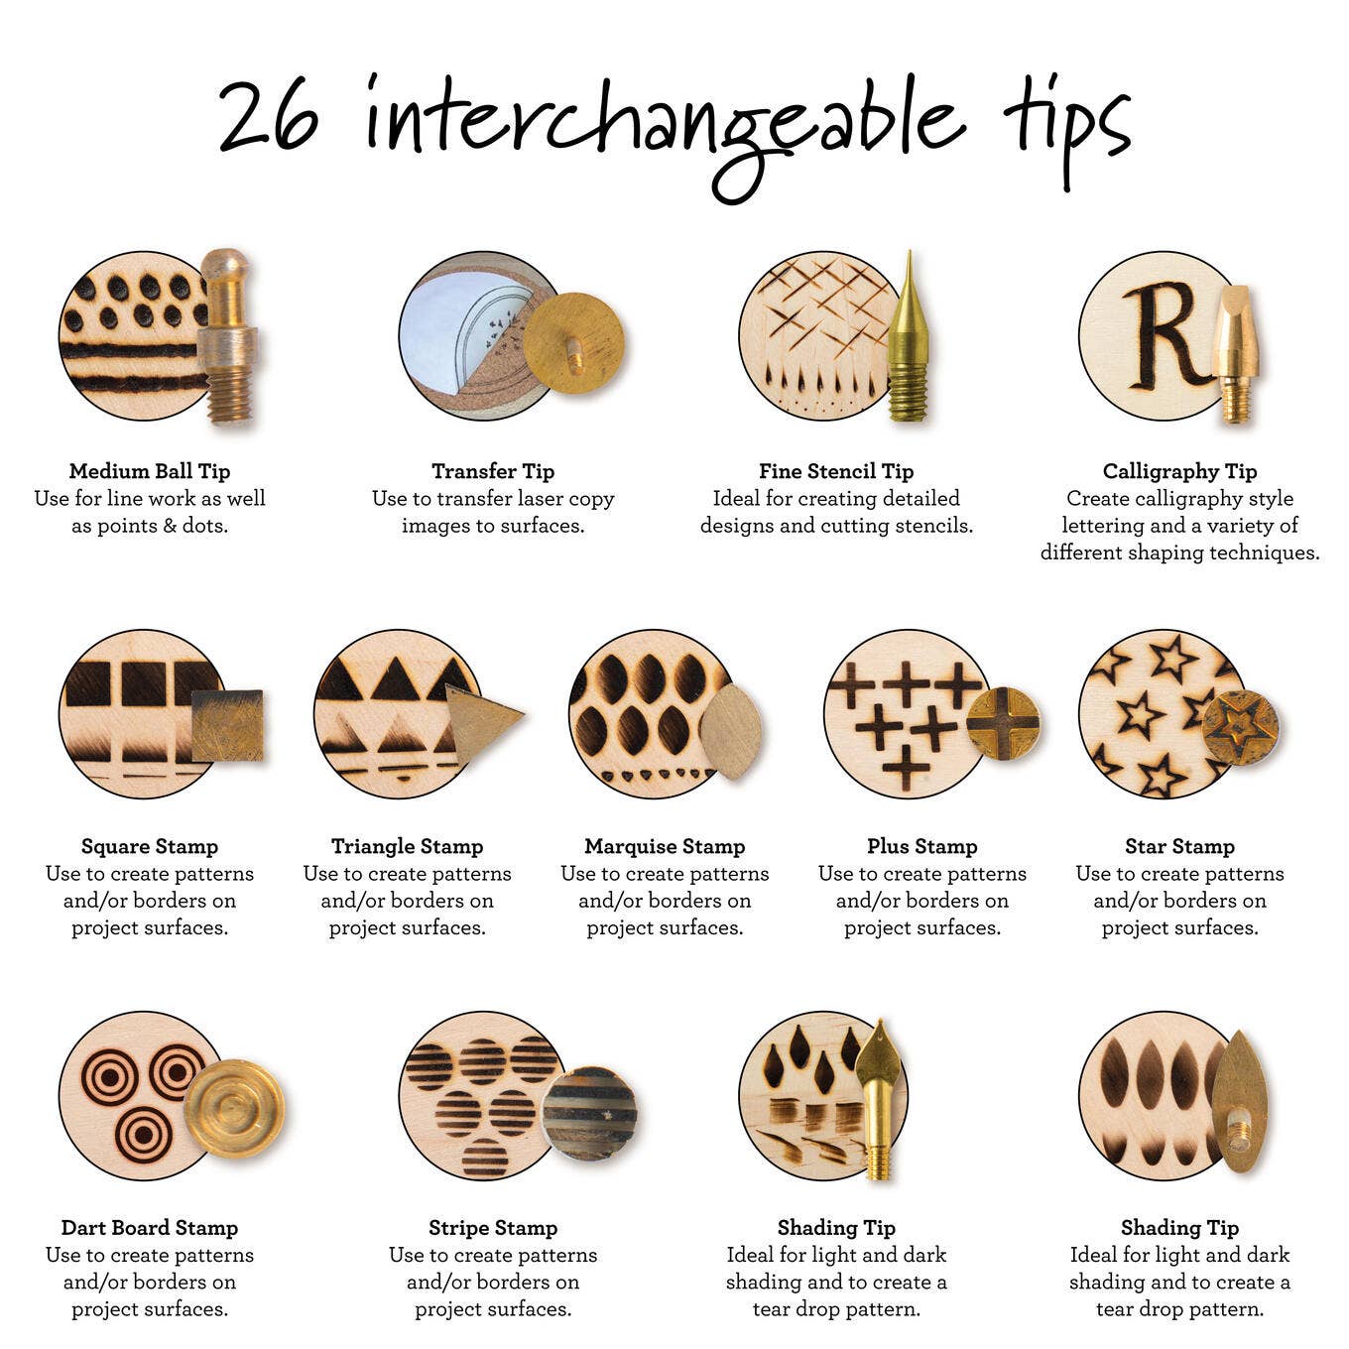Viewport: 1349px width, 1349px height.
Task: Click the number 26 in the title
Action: [269, 116]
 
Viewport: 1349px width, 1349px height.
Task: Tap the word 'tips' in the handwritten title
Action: [1065, 124]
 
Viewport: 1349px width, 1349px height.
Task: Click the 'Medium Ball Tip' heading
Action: [150, 471]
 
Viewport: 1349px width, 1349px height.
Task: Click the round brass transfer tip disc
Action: [573, 343]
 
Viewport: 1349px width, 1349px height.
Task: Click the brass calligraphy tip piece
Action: [1235, 352]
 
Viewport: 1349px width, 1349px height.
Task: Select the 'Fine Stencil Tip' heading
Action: [836, 471]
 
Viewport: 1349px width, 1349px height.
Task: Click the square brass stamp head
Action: [227, 725]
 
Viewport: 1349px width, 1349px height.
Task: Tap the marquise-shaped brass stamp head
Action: [731, 730]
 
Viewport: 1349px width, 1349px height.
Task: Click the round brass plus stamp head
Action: [1003, 723]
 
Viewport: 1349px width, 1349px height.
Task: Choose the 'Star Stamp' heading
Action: [1179, 846]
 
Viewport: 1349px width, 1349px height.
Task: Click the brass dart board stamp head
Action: [234, 1108]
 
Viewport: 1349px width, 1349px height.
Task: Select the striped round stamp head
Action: [590, 1113]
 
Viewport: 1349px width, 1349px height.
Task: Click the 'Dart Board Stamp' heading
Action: [150, 1228]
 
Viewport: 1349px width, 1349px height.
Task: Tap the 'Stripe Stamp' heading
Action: [493, 1228]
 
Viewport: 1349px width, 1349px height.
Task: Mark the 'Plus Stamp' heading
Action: [921, 846]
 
